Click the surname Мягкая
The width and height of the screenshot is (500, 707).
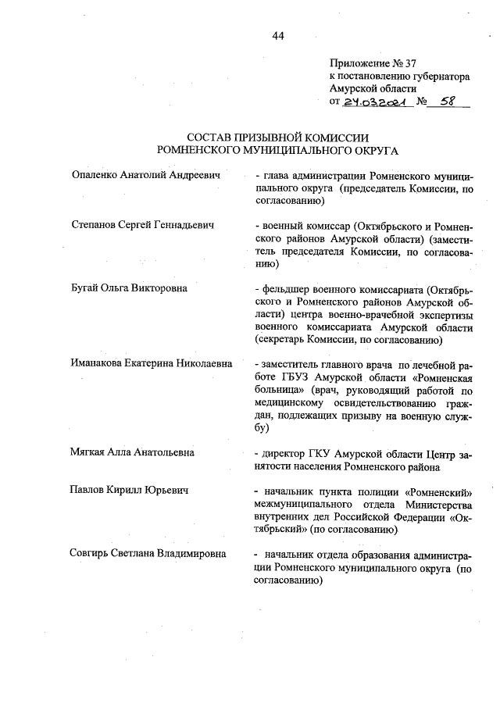[91, 452]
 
